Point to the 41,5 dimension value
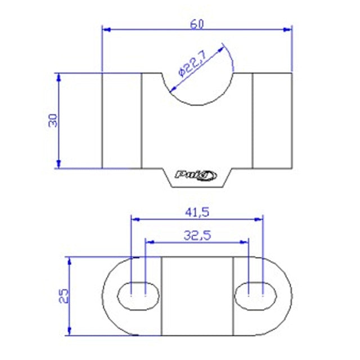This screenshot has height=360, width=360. click(196, 212)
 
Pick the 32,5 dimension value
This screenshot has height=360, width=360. click(197, 236)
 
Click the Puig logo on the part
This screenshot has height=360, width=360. click(196, 175)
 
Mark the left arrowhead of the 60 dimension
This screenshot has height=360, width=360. click(105, 28)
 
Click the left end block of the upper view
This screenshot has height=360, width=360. click(121, 120)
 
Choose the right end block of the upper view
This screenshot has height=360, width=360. click(272, 120)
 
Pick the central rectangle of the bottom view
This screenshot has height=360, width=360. click(197, 295)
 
